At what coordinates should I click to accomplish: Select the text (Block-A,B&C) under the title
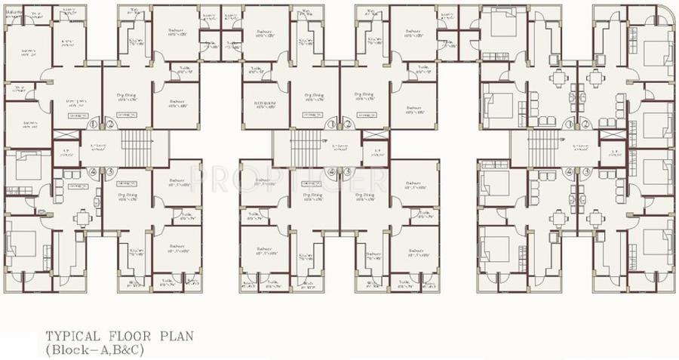[x=94, y=350]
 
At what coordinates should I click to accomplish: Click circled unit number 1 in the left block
[x=94, y=125]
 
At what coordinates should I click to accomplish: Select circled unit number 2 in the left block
[x=109, y=125]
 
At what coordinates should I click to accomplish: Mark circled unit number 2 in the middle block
[x=348, y=125]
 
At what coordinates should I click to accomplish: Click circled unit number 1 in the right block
[x=570, y=125]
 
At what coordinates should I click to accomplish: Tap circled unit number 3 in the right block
[x=585, y=171]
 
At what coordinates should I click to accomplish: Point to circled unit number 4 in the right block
[x=570, y=171]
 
